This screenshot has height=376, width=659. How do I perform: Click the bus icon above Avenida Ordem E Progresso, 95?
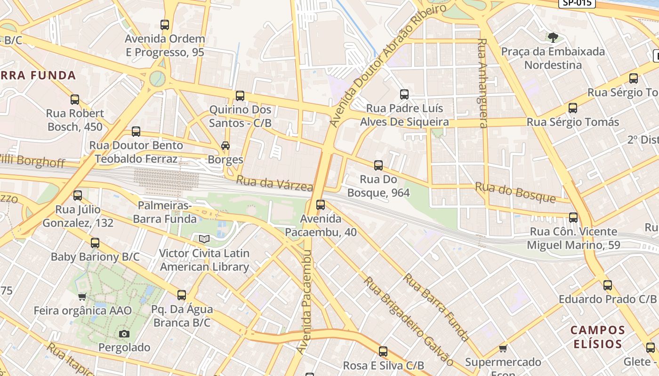[164, 25]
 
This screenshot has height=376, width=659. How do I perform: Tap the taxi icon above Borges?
[225, 146]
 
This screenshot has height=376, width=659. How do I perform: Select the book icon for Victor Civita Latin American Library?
[204, 239]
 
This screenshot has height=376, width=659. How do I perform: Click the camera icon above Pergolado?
[124, 334]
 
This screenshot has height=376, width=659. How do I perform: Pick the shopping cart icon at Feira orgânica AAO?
[82, 297]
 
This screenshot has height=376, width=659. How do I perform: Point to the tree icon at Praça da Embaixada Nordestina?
[553, 37]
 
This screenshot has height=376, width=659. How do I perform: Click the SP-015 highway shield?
[577, 3]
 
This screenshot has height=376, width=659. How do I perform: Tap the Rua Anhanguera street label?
[482, 83]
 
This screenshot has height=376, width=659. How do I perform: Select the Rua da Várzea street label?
[274, 183]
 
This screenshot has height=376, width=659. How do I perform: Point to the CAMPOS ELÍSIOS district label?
[598, 337]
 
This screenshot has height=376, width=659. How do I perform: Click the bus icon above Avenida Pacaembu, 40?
[321, 205]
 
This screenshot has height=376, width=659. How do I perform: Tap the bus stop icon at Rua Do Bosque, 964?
[378, 165]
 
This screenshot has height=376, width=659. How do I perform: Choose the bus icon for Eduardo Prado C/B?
[608, 285]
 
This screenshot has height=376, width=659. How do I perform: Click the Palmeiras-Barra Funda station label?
[164, 212]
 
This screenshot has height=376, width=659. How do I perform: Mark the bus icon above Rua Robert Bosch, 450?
[75, 100]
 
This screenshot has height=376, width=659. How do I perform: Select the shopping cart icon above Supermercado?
[503, 348]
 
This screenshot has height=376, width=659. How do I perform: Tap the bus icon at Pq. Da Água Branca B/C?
[182, 295]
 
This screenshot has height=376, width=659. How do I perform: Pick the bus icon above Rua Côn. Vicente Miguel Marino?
[573, 218]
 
